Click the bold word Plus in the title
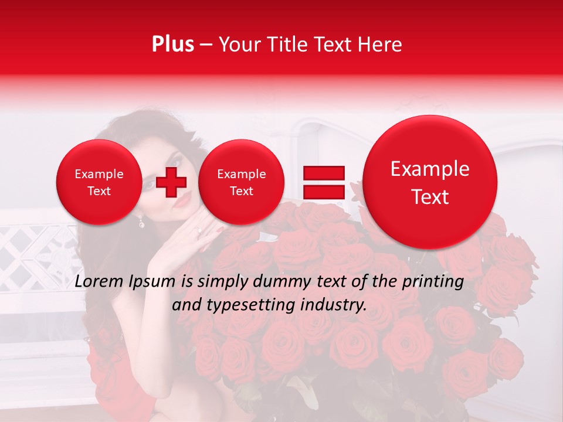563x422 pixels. pos(172,45)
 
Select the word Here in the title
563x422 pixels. pos(381,45)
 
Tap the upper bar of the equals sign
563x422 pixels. pos(323,172)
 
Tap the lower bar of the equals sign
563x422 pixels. pos(323,192)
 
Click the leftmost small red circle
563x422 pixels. pos(99,182)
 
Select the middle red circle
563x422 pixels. pos(241,182)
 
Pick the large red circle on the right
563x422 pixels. pos(430,182)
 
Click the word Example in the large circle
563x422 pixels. pos(430,169)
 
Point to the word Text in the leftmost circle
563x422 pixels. pos(99,191)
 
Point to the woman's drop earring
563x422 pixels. pos(141,221)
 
